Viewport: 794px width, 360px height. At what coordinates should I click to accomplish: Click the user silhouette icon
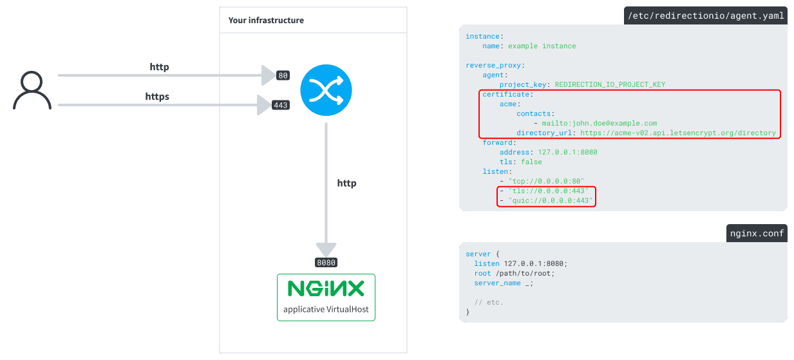pyautogui.click(x=32, y=91)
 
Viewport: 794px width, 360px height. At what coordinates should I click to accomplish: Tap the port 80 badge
pyautogui.click(x=283, y=75)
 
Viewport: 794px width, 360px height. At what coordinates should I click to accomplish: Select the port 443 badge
pyautogui.click(x=281, y=104)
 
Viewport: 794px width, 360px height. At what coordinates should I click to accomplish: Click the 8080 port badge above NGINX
pyautogui.click(x=326, y=262)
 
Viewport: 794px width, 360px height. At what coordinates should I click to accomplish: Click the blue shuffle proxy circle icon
pyautogui.click(x=325, y=91)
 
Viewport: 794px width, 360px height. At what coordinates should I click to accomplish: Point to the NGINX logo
pyautogui.click(x=326, y=288)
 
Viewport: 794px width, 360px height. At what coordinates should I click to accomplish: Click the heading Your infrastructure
pyautogui.click(x=266, y=20)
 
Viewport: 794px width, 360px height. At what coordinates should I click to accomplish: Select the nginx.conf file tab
pyautogui.click(x=756, y=233)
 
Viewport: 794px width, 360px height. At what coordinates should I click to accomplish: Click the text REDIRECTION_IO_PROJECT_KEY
pyautogui.click(x=609, y=84)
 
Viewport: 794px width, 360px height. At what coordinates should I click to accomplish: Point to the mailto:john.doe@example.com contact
pyautogui.click(x=598, y=123)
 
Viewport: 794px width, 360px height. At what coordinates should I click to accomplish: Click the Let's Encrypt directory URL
pyautogui.click(x=677, y=133)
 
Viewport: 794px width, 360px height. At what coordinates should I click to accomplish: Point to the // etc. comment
pyautogui.click(x=489, y=302)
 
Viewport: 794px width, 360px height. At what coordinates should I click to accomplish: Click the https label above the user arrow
pyautogui.click(x=157, y=97)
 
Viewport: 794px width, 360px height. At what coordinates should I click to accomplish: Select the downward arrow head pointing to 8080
pyautogui.click(x=326, y=249)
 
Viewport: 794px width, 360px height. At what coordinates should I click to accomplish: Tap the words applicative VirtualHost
pyautogui.click(x=326, y=309)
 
